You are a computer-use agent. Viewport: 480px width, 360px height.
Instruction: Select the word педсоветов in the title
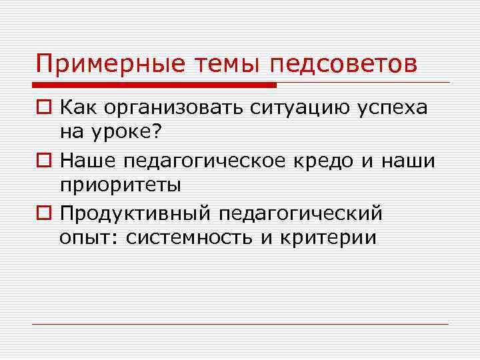[344, 65]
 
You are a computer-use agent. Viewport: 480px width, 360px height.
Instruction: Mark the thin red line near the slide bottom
[241, 325]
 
